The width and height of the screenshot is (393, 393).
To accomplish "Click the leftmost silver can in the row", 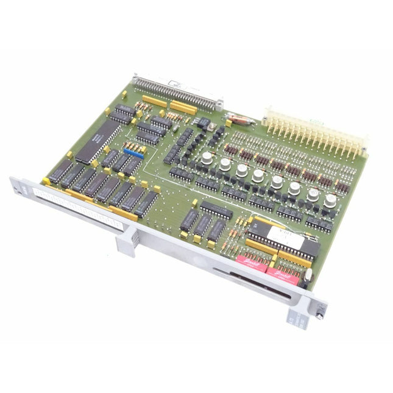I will pos(207,158).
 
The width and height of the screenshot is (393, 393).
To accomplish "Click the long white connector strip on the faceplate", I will pos(79,208).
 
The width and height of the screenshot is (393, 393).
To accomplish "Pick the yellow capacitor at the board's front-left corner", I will pos(45,180).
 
